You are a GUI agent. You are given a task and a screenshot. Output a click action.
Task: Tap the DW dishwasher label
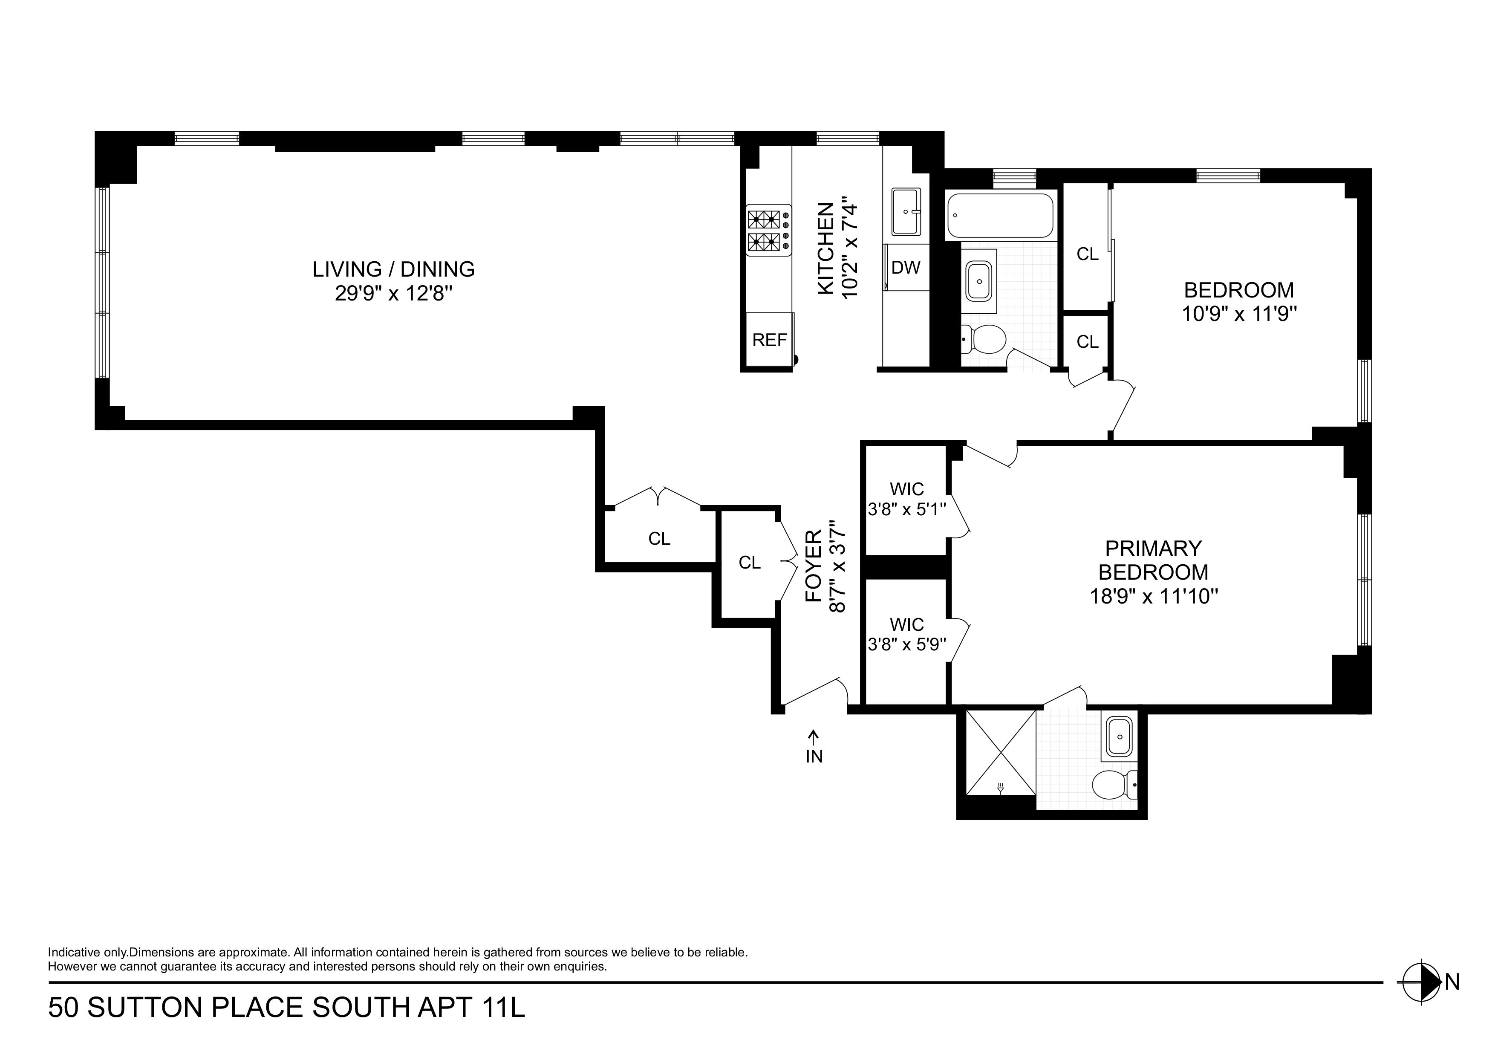[906, 267]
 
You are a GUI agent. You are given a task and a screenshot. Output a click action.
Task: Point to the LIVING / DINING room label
[393, 269]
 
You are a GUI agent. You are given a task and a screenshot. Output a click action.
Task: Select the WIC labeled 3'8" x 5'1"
[906, 499]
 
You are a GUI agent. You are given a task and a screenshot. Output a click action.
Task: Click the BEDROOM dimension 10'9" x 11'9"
[1239, 315]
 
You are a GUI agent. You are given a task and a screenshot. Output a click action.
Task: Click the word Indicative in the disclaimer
[74, 952]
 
